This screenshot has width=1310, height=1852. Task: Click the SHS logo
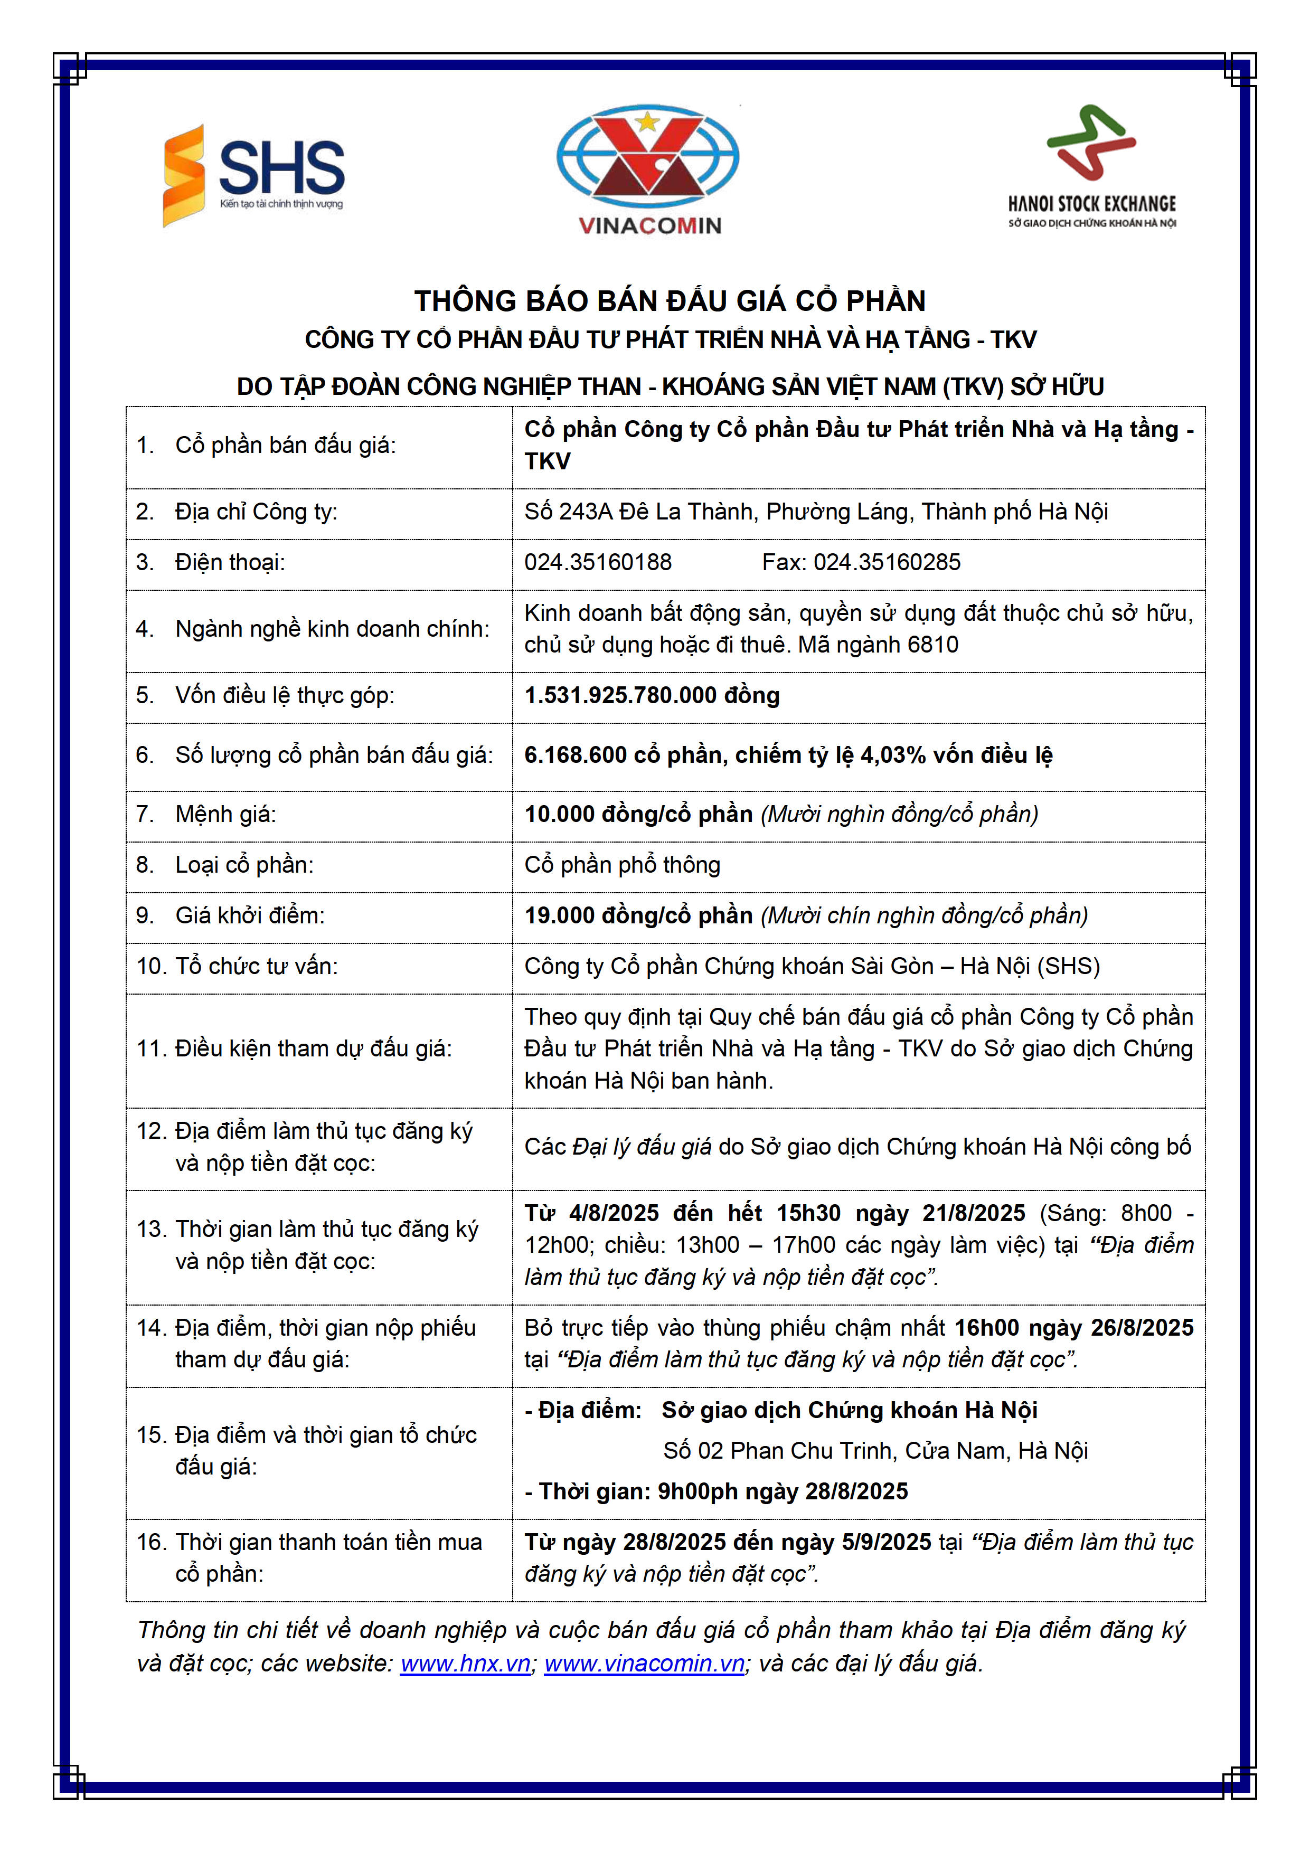(254, 175)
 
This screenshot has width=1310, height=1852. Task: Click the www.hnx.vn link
(465, 1663)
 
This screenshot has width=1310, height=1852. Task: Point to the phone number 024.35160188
(598, 562)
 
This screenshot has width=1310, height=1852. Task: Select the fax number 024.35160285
(887, 562)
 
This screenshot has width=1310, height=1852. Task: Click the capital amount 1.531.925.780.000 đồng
(652, 695)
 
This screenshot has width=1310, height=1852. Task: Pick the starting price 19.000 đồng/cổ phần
(638, 915)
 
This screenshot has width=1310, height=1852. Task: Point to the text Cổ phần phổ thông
(622, 865)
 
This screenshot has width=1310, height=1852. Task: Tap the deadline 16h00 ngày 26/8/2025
(1073, 1328)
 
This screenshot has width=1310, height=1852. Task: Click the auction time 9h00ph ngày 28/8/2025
(783, 1491)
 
